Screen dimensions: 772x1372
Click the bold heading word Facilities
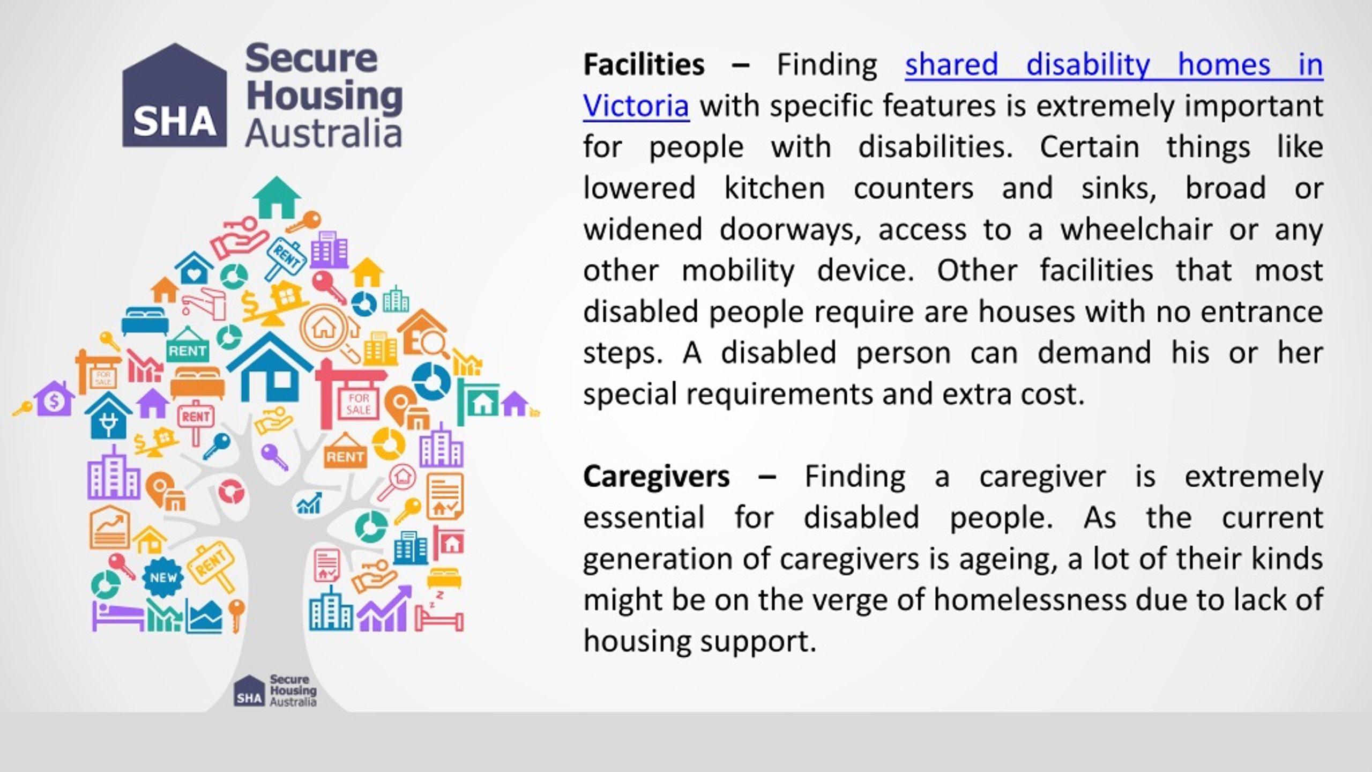[x=643, y=65]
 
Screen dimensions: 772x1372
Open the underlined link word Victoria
[x=636, y=106]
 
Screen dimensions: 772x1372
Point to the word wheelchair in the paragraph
[x=1136, y=229]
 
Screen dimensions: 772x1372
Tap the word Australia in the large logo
[x=324, y=134]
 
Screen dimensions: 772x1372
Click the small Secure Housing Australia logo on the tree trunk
[x=275, y=691]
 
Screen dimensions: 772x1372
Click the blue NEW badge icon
[x=163, y=577]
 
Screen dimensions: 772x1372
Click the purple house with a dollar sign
[x=54, y=399]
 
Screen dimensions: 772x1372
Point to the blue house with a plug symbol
[x=108, y=415]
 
